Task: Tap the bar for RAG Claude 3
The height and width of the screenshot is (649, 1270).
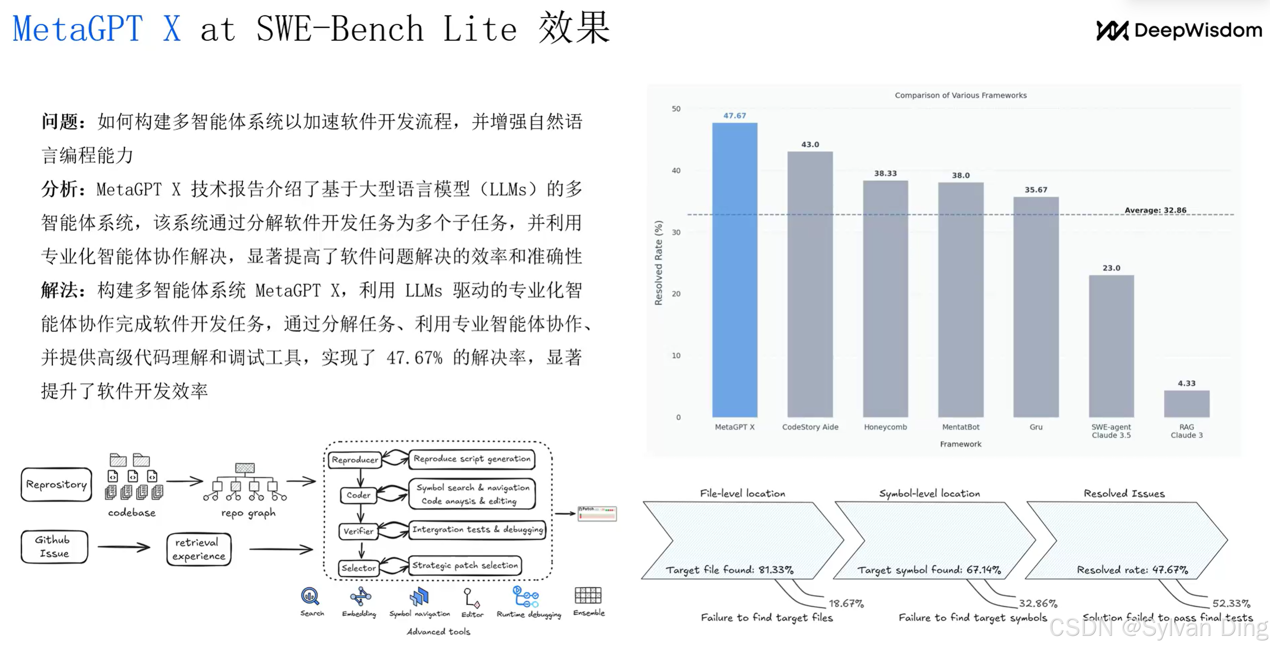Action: pos(1186,404)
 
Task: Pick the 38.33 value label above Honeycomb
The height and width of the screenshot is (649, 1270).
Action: pos(885,173)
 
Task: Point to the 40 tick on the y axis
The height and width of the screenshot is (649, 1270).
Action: pos(676,170)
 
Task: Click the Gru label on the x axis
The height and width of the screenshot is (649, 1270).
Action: pos(1036,427)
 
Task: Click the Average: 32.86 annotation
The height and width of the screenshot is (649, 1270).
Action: pos(1155,210)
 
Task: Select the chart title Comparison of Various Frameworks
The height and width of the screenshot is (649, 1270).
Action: pos(960,95)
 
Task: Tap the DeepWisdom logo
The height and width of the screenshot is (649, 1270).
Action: pos(1179,31)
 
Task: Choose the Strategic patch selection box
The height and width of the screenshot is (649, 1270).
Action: pos(465,565)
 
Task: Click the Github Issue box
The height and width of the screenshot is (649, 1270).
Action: pos(54,546)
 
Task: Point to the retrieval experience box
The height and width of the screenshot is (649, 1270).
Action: pos(199,549)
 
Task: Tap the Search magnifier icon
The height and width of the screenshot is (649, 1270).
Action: pos(310,596)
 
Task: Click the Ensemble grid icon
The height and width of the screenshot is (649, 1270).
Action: pos(588,595)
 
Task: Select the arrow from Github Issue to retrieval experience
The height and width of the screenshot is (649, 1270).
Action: pos(124,547)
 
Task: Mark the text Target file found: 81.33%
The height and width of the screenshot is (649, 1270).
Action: pos(729,570)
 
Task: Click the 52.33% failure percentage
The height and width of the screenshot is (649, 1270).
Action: pos(1231,603)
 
